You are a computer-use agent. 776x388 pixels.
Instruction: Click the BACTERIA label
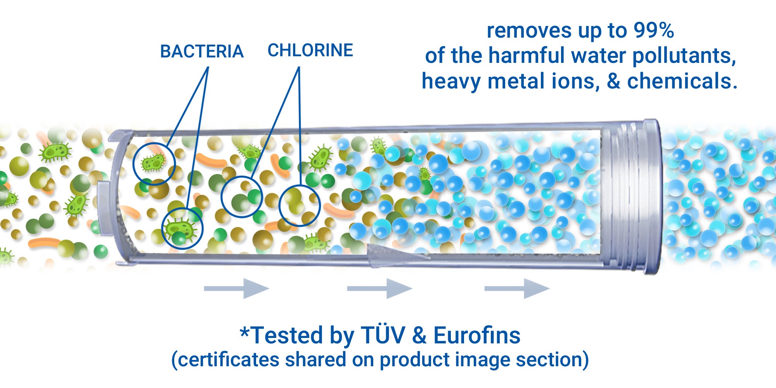coord(202,52)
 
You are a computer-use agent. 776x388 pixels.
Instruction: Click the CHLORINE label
coord(310,50)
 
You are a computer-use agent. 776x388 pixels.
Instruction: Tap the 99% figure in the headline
coord(654,31)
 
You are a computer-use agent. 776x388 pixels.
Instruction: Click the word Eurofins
coord(477,335)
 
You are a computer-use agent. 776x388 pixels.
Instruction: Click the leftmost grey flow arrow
coord(237,288)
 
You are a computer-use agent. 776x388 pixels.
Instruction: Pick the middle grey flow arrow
coord(379,288)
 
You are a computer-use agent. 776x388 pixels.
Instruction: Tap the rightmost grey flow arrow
coord(517,288)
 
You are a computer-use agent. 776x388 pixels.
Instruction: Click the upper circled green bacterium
coord(153,163)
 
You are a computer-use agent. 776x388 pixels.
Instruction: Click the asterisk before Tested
coord(244,332)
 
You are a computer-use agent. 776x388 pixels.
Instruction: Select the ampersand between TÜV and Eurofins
coord(419,335)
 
